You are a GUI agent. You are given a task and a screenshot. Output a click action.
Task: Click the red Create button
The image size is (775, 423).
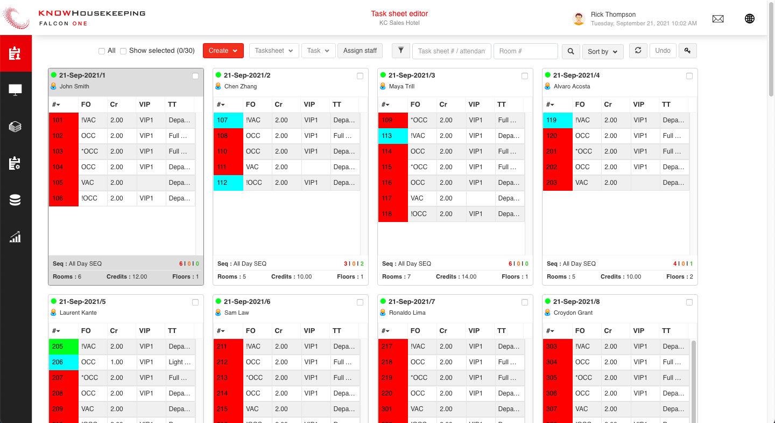pos(223,51)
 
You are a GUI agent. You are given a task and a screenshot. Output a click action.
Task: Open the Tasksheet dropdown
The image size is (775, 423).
pos(274,51)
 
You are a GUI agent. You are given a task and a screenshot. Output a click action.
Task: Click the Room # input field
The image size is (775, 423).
pos(525,51)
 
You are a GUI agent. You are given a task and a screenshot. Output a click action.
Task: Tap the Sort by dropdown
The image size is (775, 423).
pos(603,52)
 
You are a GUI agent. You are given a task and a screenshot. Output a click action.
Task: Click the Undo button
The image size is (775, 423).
pos(663,51)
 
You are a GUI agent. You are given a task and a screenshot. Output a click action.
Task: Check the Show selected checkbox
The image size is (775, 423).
pos(123,51)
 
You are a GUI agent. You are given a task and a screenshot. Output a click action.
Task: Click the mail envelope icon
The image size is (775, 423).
pos(718,19)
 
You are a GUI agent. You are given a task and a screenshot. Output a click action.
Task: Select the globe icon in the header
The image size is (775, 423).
pos(749,19)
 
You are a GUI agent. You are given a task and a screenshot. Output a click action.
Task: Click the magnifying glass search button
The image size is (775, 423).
pos(570,51)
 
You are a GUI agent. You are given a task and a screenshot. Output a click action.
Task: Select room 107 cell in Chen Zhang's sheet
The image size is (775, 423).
pos(228,120)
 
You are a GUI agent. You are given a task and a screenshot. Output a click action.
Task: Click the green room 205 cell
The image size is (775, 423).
pos(64,346)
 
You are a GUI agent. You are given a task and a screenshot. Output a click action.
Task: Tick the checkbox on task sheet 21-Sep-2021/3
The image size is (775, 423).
pos(525,76)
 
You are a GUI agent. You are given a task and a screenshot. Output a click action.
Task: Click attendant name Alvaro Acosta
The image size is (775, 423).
pos(572,86)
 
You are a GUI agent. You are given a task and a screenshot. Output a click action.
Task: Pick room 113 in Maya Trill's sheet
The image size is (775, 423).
pos(393,136)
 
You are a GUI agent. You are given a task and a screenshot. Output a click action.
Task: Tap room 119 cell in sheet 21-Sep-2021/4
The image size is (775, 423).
pos(558,120)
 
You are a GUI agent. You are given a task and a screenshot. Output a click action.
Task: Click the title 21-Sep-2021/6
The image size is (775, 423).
pos(246,302)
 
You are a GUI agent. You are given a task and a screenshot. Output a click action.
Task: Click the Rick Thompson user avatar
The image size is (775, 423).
pos(579,19)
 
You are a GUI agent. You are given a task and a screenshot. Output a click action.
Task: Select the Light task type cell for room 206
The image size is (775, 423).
pos(179,362)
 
